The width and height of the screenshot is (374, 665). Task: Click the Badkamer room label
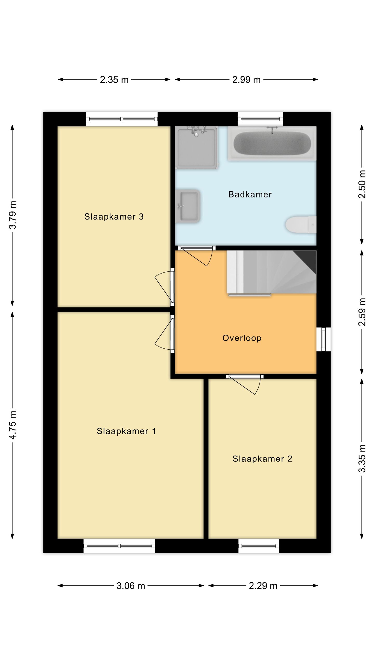[x=250, y=194]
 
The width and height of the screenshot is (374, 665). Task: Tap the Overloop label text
[x=242, y=338]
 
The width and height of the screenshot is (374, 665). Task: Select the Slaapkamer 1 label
[x=126, y=431]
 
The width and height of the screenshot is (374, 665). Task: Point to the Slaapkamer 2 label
[x=262, y=459]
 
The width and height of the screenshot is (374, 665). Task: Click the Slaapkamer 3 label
[x=114, y=217]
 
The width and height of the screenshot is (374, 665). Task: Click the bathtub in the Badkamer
[x=272, y=143]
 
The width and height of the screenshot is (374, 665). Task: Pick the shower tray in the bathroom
[x=197, y=148]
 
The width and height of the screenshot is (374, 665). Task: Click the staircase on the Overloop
[x=272, y=273]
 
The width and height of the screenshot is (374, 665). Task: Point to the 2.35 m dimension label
[x=114, y=80]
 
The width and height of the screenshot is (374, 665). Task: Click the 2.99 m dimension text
[x=246, y=80]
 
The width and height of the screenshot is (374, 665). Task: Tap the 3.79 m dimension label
[x=12, y=215]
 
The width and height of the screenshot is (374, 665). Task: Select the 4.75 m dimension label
[x=12, y=425]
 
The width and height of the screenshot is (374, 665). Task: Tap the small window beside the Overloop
[x=323, y=339]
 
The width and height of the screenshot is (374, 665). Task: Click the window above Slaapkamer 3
[x=122, y=119]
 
